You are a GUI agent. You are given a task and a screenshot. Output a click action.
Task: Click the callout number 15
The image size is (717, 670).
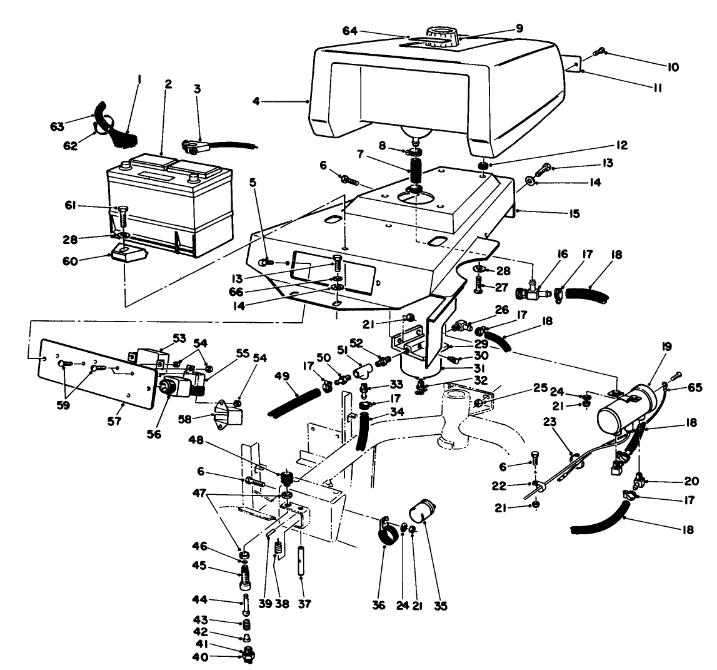pyautogui.click(x=571, y=214)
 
